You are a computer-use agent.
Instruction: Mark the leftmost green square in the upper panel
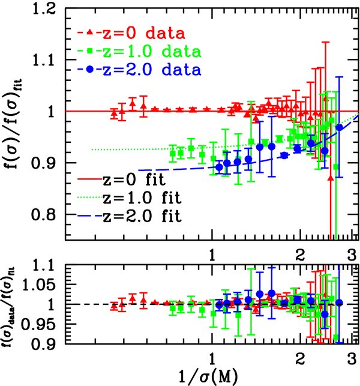pos(173,154)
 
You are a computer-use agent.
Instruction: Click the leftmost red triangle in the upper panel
pos(114,113)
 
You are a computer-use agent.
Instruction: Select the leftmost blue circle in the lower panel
pos(219,304)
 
